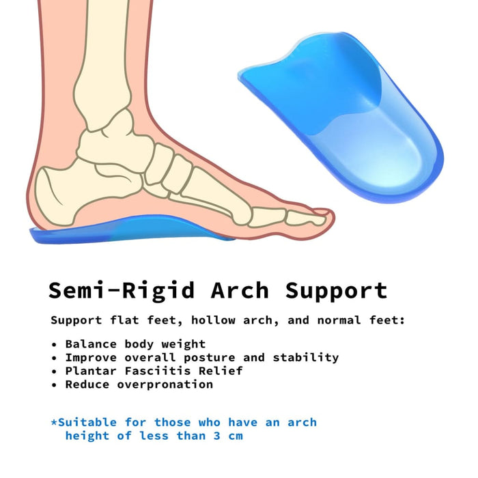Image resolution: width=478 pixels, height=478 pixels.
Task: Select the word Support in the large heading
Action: tap(336, 291)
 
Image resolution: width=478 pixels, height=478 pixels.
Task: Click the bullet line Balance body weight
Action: tap(135, 343)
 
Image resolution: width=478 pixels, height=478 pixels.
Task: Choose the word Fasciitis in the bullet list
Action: tap(149, 371)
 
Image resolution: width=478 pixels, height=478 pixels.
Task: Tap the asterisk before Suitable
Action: tap(54, 421)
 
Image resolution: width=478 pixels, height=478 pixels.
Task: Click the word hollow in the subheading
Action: tap(213, 320)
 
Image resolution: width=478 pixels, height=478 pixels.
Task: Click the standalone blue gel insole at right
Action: tap(348, 116)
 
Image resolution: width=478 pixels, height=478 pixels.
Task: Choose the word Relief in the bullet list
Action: tap(223, 371)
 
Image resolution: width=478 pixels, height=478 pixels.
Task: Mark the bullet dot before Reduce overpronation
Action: tap(55, 385)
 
